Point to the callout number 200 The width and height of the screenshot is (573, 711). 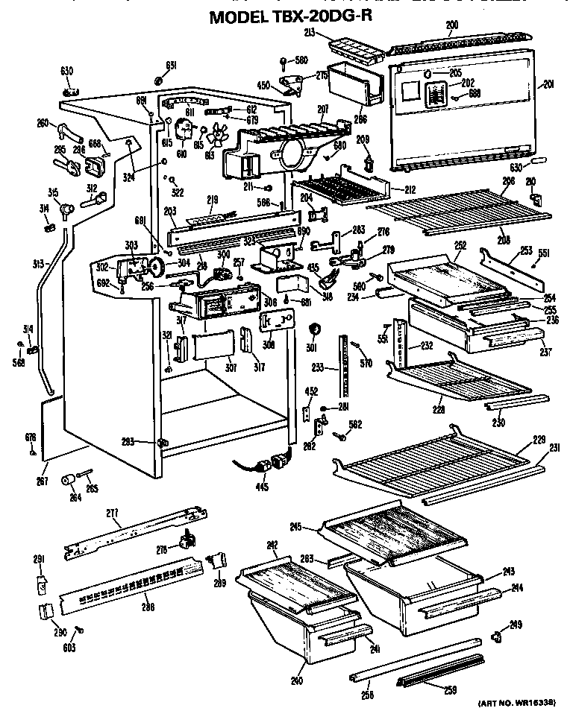tap(452, 25)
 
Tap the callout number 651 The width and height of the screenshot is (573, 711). tap(171, 66)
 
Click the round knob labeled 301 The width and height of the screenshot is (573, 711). tap(314, 329)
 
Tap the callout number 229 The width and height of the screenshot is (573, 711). tap(539, 438)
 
